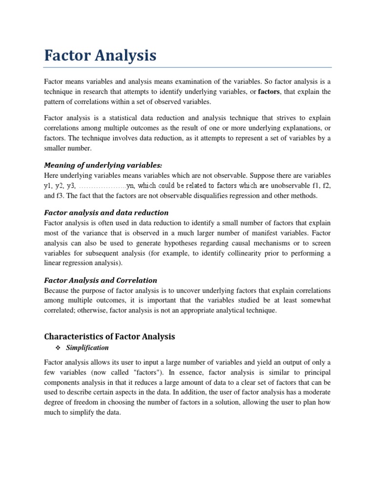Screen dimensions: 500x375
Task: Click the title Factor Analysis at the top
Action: pyautogui.click(x=100, y=56)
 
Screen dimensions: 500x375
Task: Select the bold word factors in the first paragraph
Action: pyautogui.click(x=268, y=91)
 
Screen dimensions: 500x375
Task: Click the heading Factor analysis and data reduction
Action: pyautogui.click(x=106, y=212)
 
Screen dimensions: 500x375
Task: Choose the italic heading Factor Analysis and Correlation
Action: pyautogui.click(x=101, y=280)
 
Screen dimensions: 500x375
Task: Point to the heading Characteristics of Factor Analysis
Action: pyautogui.click(x=109, y=337)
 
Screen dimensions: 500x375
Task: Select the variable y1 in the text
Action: pyautogui.click(x=48, y=186)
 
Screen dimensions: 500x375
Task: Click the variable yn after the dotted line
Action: pyautogui.click(x=130, y=186)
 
